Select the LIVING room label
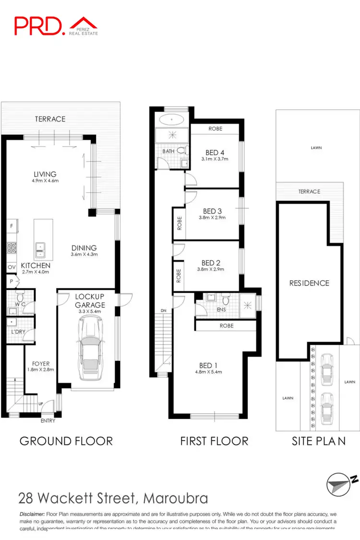(x=45, y=174)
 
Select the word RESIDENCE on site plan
(x=309, y=283)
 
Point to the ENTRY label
(x=48, y=421)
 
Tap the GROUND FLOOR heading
(x=66, y=441)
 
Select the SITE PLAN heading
(x=319, y=441)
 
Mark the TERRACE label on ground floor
(x=50, y=119)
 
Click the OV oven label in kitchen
(x=11, y=267)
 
